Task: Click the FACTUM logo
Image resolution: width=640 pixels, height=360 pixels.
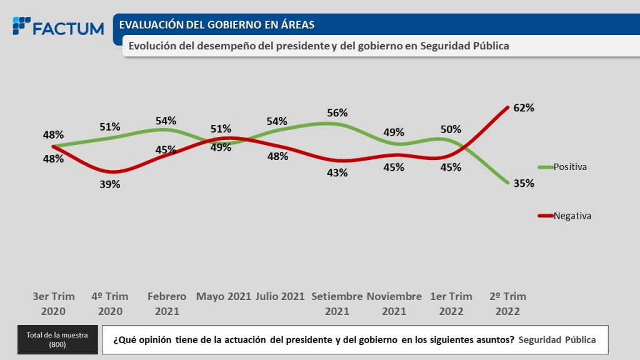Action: point(58,27)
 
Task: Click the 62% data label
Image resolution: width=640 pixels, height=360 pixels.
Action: point(524,107)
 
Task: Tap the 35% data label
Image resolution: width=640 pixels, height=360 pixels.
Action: point(524,184)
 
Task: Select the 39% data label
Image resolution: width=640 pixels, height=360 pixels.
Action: point(110,184)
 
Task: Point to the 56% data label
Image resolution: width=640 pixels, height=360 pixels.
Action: point(337,113)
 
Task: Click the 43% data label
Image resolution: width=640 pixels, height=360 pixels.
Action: point(337,173)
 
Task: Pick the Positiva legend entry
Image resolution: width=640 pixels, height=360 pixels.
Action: point(570,167)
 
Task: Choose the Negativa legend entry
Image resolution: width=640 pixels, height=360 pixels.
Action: point(572,216)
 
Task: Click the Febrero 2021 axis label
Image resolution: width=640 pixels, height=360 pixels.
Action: point(167,303)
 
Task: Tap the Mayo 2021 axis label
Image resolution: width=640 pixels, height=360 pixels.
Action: point(224,296)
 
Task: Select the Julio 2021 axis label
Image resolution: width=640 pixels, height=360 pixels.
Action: point(280,296)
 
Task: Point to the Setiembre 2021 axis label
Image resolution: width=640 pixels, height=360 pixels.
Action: point(337,303)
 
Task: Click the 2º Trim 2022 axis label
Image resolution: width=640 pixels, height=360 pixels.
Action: point(507,303)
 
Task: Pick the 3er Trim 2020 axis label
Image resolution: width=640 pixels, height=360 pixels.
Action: point(53,303)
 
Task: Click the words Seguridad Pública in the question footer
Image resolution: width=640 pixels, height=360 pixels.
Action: point(557,340)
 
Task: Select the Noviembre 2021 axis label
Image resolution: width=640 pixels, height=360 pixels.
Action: point(394,303)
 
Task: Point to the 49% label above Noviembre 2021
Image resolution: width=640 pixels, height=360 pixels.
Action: point(394,132)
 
